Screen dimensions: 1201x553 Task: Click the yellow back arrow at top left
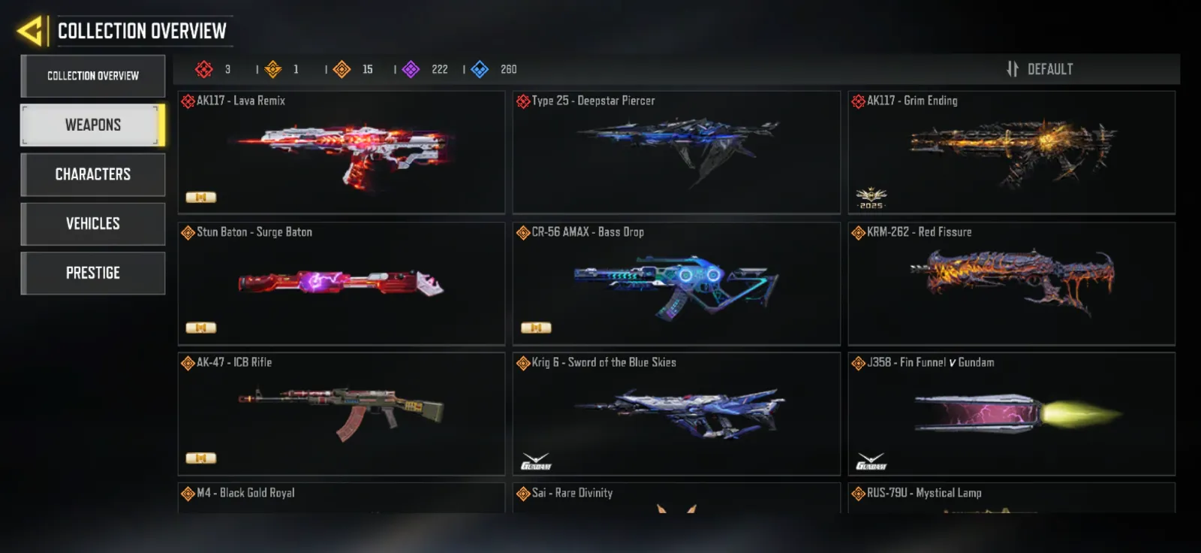30,31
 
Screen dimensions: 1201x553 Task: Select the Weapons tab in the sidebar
93,125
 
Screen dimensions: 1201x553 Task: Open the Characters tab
93,174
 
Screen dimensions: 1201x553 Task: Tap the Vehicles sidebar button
93,224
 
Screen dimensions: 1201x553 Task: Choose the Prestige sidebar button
93,273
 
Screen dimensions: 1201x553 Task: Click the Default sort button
1040,69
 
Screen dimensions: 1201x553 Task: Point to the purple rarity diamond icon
411,69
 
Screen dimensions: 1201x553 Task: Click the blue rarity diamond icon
480,69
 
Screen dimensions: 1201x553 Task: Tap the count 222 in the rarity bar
440,69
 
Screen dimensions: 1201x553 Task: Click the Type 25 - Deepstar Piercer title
593,101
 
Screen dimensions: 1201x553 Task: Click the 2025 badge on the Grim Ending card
871,198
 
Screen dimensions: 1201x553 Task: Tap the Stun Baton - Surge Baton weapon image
341,282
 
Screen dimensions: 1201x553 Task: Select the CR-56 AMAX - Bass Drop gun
676,287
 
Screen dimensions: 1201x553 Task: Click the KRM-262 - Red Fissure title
919,232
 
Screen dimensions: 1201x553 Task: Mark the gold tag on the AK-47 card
201,458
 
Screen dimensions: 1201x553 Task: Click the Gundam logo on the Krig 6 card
536,462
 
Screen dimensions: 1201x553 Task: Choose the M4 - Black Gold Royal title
245,493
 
